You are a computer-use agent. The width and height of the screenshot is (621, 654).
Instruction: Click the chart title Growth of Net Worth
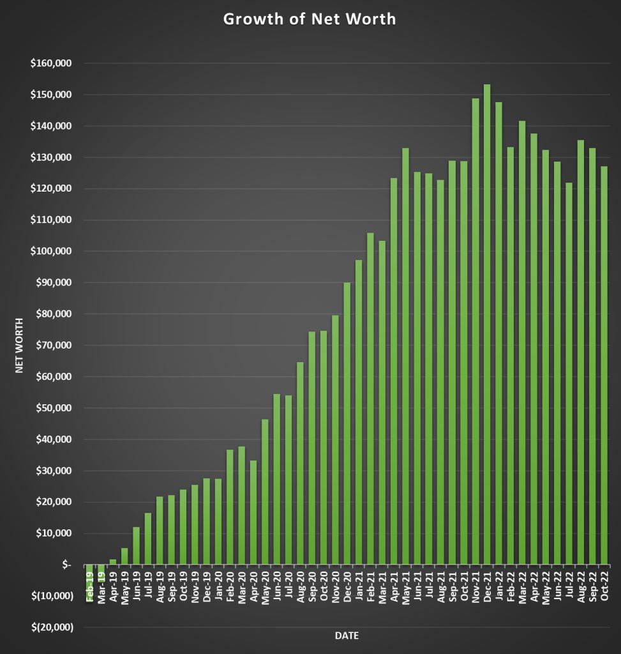(x=310, y=19)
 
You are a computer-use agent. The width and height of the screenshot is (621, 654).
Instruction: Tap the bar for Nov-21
(x=475, y=332)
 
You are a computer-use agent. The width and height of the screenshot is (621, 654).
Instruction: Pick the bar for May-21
(x=405, y=358)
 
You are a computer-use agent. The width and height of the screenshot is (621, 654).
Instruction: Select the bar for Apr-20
(x=253, y=511)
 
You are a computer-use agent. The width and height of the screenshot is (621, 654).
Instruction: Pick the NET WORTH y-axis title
(x=19, y=345)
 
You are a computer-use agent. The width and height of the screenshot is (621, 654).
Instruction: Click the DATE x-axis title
(x=347, y=636)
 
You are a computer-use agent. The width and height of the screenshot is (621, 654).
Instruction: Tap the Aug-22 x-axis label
(x=581, y=585)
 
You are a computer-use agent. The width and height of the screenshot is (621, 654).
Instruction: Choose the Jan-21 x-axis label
(x=359, y=585)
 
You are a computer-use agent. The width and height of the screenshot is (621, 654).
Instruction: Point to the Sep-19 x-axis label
(x=171, y=585)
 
